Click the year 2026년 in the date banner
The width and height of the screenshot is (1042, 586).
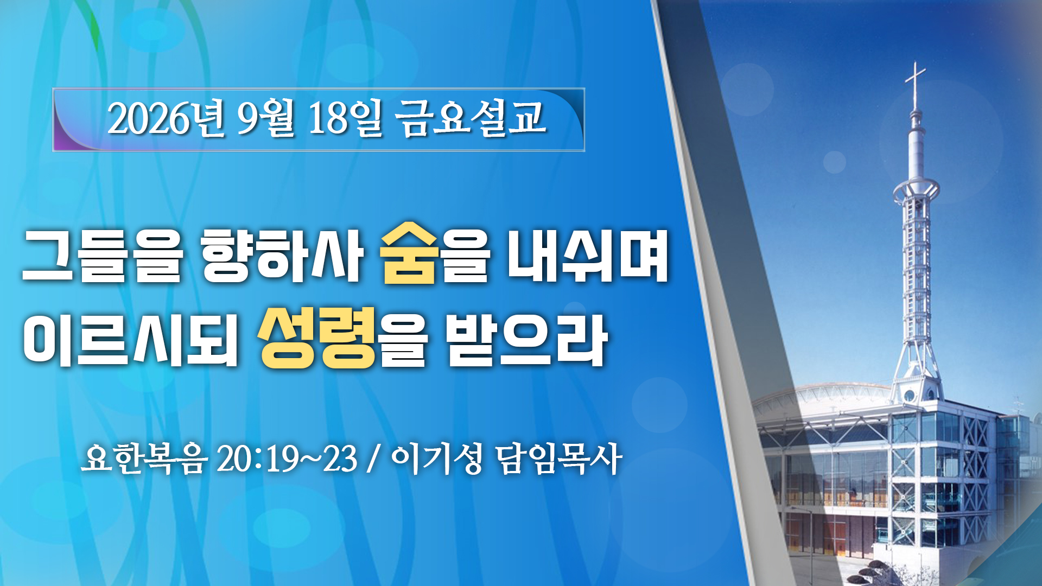tap(166, 118)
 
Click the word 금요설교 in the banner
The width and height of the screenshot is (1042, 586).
tap(471, 118)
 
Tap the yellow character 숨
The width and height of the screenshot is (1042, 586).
tap(409, 253)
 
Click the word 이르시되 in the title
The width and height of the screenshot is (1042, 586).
tap(130, 340)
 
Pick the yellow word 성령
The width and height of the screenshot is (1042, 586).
tap(317, 337)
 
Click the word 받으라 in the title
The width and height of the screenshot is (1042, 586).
tap(525, 340)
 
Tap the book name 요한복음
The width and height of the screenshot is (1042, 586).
tap(144, 459)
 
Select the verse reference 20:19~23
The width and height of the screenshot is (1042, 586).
tap(287, 459)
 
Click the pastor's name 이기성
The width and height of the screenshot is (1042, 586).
tap(436, 459)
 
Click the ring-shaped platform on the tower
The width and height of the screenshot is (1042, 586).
tap(916, 189)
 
